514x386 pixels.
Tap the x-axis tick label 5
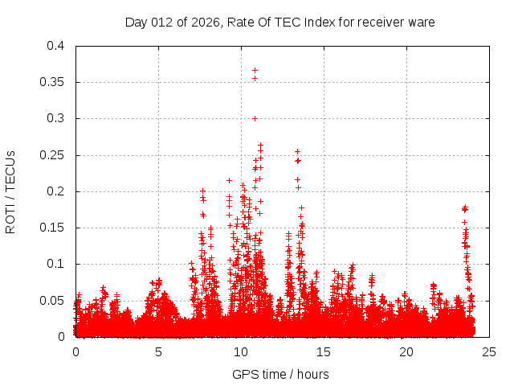(x=158, y=351)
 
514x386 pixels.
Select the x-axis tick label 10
(x=241, y=351)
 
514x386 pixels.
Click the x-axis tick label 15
(x=324, y=351)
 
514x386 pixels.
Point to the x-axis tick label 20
(x=406, y=351)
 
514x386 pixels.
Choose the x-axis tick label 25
(x=489, y=351)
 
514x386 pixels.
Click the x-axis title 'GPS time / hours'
(x=280, y=374)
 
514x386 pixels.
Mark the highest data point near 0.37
(x=255, y=70)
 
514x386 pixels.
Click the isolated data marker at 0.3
(x=255, y=118)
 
